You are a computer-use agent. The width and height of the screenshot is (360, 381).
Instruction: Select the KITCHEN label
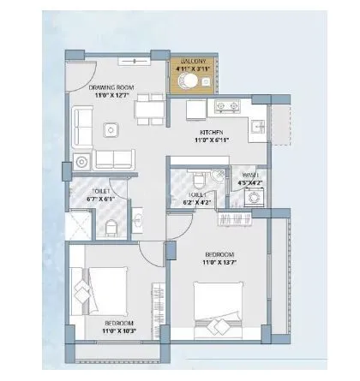point(212,134)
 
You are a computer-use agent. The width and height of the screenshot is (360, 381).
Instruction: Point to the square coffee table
point(111,130)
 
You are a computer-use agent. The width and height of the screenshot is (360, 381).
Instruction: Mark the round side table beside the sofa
point(81,160)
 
